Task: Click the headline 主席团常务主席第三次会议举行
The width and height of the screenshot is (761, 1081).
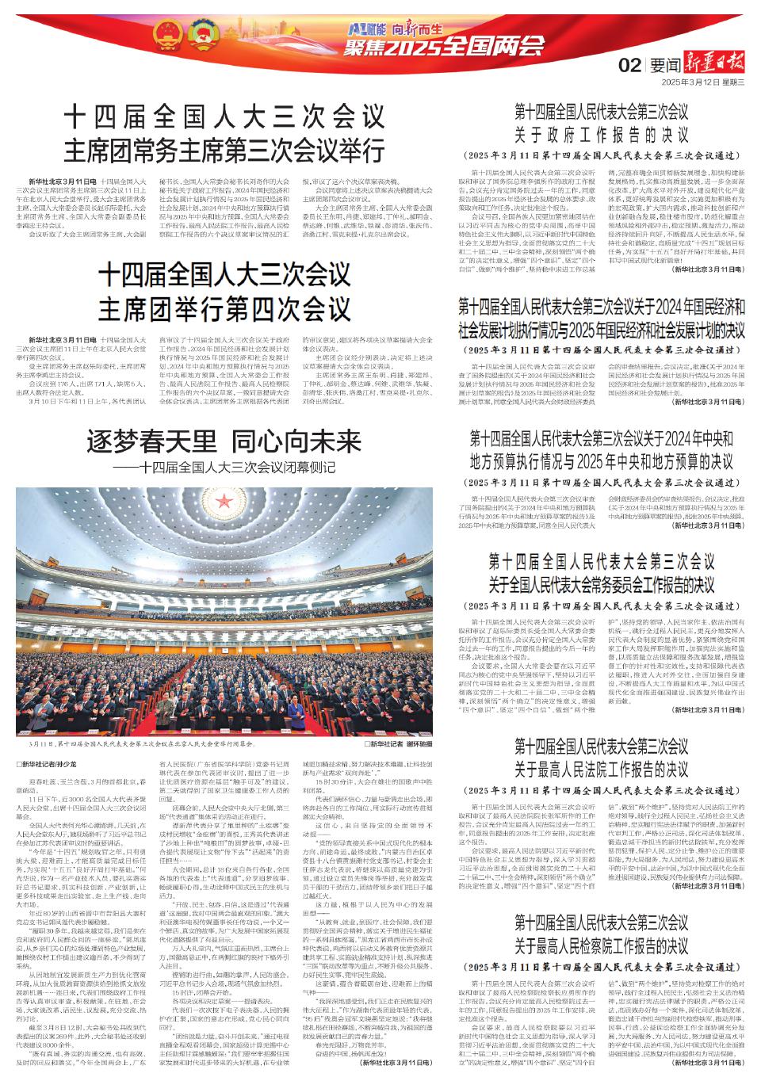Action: pos(224,149)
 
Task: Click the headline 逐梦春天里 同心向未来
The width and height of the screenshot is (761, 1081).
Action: pos(224,441)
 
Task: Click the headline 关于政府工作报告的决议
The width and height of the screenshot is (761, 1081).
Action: pos(602,133)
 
